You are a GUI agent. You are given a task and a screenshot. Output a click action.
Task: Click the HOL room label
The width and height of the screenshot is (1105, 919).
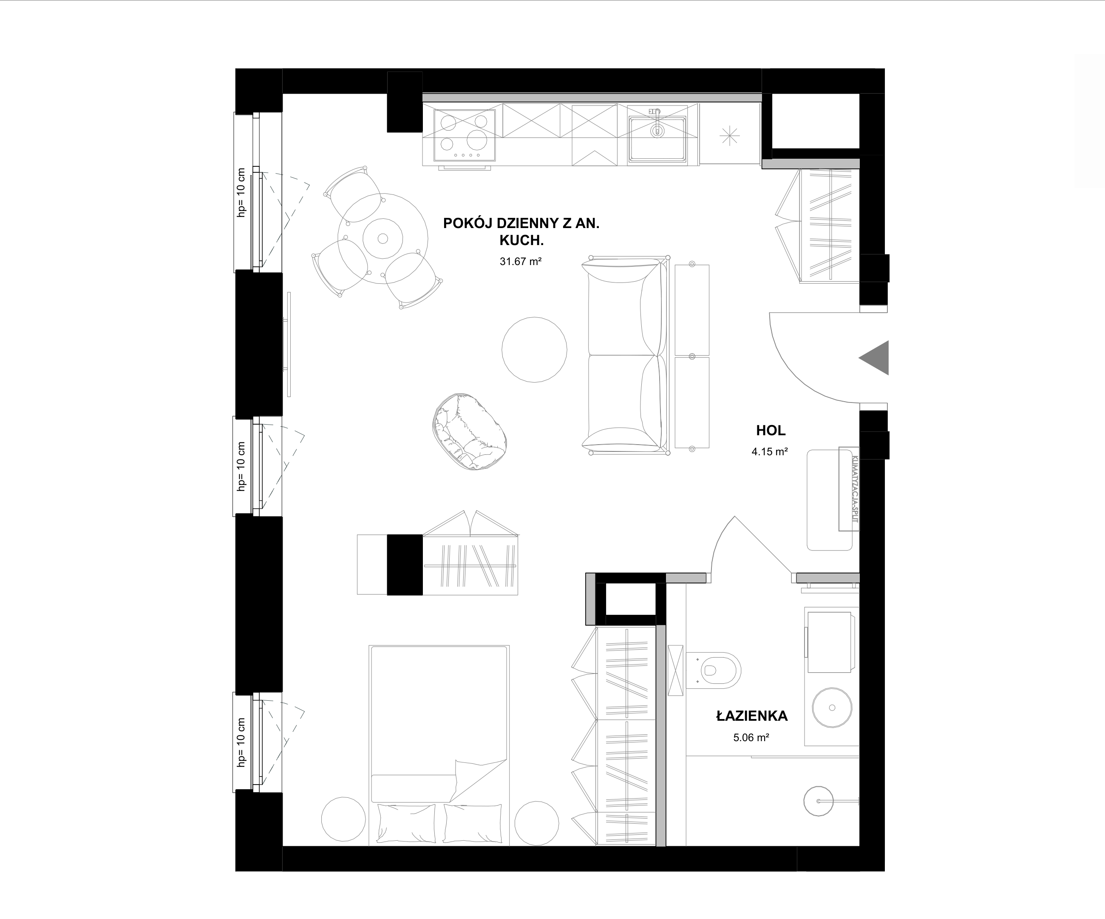coord(771,430)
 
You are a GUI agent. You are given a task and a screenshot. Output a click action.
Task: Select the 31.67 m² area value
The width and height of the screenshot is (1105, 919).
coord(520,261)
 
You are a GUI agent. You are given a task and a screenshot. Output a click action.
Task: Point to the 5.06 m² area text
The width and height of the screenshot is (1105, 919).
coord(751,738)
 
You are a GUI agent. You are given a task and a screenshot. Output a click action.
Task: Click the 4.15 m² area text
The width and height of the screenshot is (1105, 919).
coord(769,451)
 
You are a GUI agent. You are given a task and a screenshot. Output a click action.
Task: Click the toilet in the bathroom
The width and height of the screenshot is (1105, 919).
coord(713,671)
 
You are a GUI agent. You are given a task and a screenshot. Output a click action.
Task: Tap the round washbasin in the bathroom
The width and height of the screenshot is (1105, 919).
coord(832,707)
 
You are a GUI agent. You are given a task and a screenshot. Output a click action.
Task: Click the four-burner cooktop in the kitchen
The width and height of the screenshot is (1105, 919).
coord(464,135)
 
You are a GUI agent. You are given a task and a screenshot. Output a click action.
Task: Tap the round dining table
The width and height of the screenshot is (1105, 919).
coord(382,239)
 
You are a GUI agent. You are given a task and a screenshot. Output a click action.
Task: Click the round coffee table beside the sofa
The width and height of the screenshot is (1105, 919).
coord(534,349)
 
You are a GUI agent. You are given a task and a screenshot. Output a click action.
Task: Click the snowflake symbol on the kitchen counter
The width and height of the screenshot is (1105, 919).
coord(729,136)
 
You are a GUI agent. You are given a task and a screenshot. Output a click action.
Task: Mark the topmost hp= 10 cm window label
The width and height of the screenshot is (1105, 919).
coord(241,192)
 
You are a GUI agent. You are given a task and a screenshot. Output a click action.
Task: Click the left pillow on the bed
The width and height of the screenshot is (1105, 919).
coord(406,823)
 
